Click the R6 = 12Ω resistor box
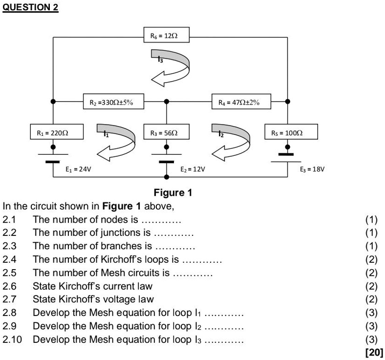[x=167, y=36]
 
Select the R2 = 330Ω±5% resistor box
[x=114, y=102]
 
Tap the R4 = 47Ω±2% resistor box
[x=241, y=102]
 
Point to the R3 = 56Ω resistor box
[x=167, y=132]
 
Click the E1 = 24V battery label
[x=78, y=169]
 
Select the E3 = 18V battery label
[x=312, y=169]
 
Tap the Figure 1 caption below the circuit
[x=173, y=192]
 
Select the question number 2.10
[x=13, y=339]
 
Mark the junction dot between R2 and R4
[x=167, y=102]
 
